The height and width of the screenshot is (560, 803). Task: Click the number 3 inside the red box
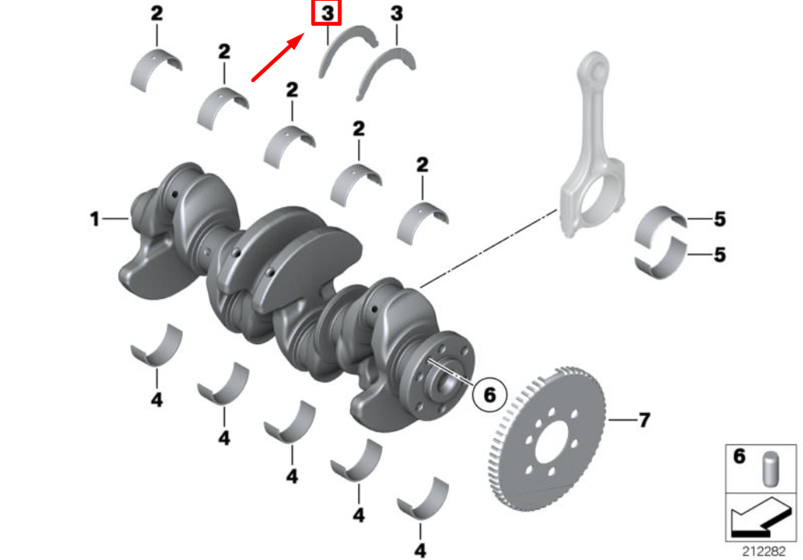pyautogui.click(x=328, y=13)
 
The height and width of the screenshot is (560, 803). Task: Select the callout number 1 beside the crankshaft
pyautogui.click(x=94, y=219)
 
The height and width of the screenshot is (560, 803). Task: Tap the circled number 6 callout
pyautogui.click(x=490, y=394)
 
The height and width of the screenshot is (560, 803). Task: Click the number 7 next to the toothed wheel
pyautogui.click(x=644, y=420)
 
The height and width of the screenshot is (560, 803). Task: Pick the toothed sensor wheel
pyautogui.click(x=546, y=439)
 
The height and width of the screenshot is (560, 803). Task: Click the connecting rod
pyautogui.click(x=592, y=145)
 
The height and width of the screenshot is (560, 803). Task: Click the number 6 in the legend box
pyautogui.click(x=739, y=456)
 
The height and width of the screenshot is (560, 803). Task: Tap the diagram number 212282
pyautogui.click(x=764, y=551)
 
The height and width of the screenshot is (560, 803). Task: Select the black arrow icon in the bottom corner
pyautogui.click(x=760, y=517)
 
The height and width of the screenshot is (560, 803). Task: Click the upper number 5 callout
pyautogui.click(x=719, y=219)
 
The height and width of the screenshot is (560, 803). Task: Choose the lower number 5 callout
pyautogui.click(x=719, y=254)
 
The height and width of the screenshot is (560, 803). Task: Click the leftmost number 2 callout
pyautogui.click(x=157, y=13)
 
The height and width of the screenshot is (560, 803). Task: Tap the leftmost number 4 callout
pyautogui.click(x=157, y=399)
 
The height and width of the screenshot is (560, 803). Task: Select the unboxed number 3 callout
pyautogui.click(x=397, y=13)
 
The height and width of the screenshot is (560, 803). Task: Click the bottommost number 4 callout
pyautogui.click(x=420, y=550)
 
